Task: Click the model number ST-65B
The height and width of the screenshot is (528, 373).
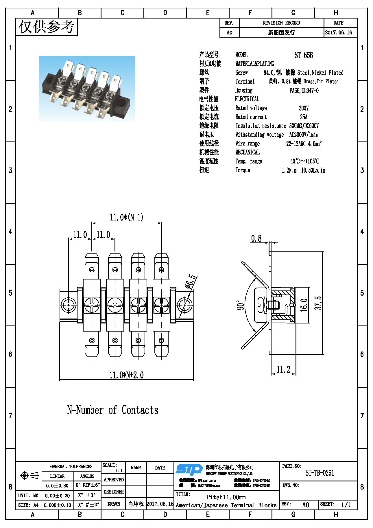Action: click(304, 55)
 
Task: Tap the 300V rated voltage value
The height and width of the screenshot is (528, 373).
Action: click(304, 108)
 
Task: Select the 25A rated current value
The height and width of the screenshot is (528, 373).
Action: click(304, 117)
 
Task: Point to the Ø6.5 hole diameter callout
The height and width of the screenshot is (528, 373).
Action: click(191, 282)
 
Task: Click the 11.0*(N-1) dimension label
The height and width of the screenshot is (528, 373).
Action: click(126, 217)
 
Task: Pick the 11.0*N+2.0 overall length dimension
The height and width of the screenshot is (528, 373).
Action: click(126, 375)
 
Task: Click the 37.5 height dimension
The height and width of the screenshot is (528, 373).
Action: click(318, 303)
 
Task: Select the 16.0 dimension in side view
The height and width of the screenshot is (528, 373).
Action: click(304, 305)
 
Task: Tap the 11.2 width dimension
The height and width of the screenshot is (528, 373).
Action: click(283, 369)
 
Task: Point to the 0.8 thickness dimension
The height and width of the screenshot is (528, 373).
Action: click(256, 239)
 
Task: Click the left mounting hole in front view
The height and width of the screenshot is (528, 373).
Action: click(69, 305)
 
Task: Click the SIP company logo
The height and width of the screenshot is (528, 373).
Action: click(189, 470)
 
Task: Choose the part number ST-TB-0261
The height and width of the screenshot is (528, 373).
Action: click(320, 473)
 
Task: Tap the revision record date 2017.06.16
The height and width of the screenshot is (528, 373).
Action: click(338, 32)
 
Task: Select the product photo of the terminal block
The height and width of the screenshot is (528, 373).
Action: click(87, 89)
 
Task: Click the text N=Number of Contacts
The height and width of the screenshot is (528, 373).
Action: click(112, 410)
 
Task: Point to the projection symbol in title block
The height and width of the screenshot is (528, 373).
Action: click(29, 475)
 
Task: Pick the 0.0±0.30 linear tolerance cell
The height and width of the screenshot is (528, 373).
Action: click(57, 485)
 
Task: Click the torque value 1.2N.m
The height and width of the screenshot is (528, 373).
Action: click(289, 170)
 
